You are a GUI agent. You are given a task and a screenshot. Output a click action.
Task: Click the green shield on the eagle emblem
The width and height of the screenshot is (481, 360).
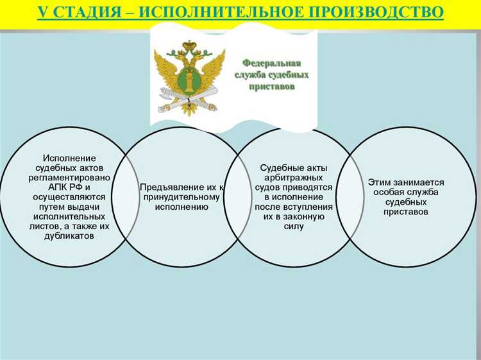pos(190,81)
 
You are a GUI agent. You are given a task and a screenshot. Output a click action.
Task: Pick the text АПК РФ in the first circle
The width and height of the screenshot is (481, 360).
pos(62,187)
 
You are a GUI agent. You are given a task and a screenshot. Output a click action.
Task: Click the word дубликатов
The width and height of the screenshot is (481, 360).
pos(71,236)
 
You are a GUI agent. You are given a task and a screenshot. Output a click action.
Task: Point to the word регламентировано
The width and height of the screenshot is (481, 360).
pos(71,177)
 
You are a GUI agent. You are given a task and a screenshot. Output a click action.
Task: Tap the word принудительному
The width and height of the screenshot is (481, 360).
pos(181,197)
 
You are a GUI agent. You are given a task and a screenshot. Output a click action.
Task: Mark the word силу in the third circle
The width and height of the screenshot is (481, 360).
pos(289,227)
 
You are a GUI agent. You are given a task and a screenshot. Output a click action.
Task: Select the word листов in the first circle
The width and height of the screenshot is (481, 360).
pos(46,226)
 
